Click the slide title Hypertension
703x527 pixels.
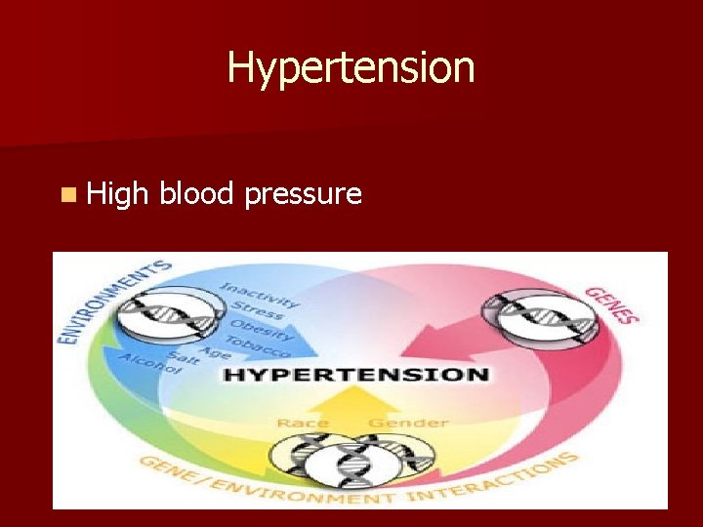pos(351,68)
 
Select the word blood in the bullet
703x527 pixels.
pos(196,194)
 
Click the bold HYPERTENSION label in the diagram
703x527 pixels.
pos(356,374)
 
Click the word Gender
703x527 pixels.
pos(408,423)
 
